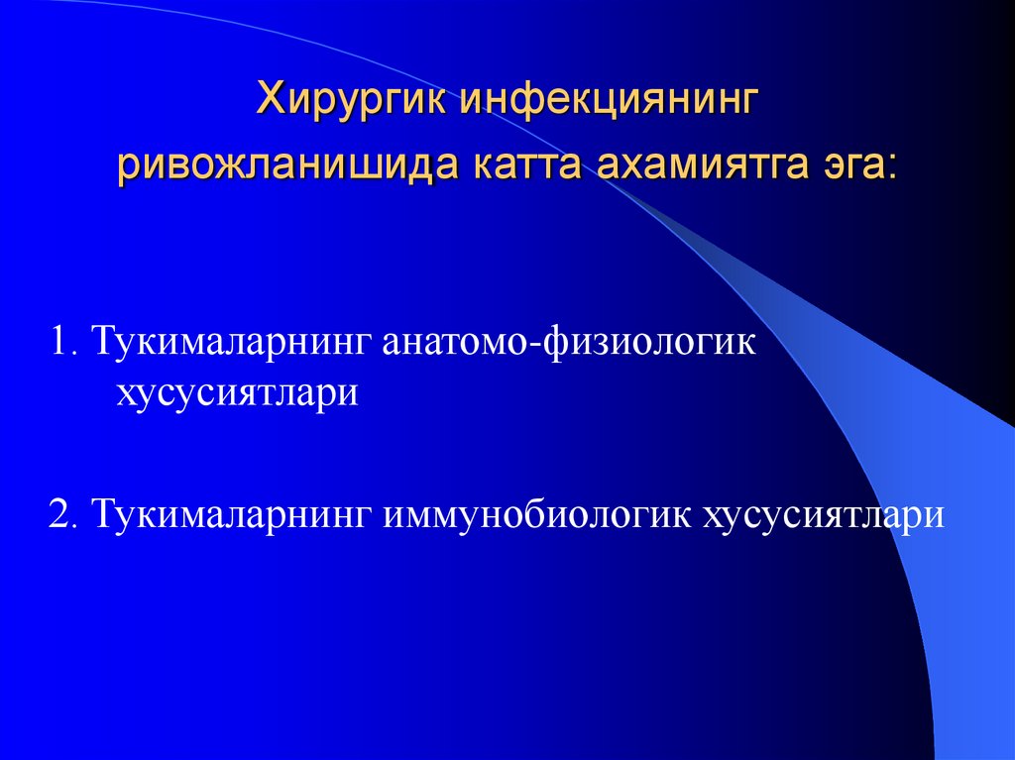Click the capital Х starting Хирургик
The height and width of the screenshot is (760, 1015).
271,101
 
